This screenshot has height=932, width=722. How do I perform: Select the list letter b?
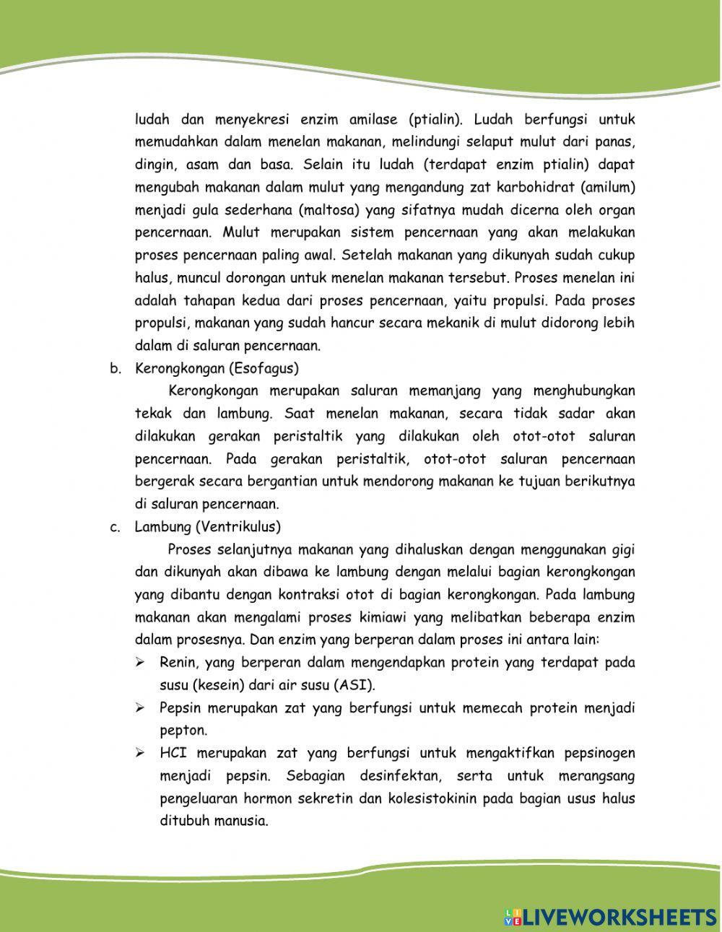115,369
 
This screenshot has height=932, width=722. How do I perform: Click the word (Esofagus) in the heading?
264,368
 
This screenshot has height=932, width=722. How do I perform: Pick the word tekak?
153,414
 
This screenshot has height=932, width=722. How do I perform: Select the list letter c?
115,527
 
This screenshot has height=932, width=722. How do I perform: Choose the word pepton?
183,731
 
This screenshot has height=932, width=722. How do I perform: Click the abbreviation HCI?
173,753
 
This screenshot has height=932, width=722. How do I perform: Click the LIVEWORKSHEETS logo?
609,917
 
